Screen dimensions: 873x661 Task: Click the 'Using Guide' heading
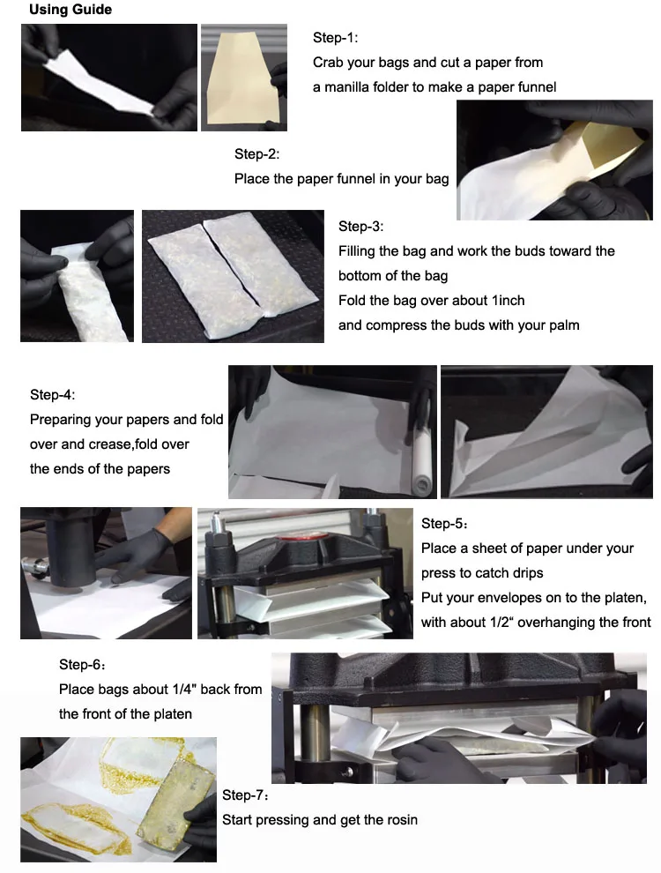pos(71,11)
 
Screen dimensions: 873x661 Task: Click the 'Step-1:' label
pos(336,38)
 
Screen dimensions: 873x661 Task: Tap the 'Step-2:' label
pos(257,154)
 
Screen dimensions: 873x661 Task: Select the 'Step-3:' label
pos(361,227)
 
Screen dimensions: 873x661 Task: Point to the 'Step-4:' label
pos(53,395)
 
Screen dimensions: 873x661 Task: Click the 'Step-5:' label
pos(444,524)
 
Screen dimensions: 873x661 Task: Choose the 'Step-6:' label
pos(82,665)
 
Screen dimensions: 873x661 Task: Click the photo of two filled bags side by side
pos(232,275)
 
